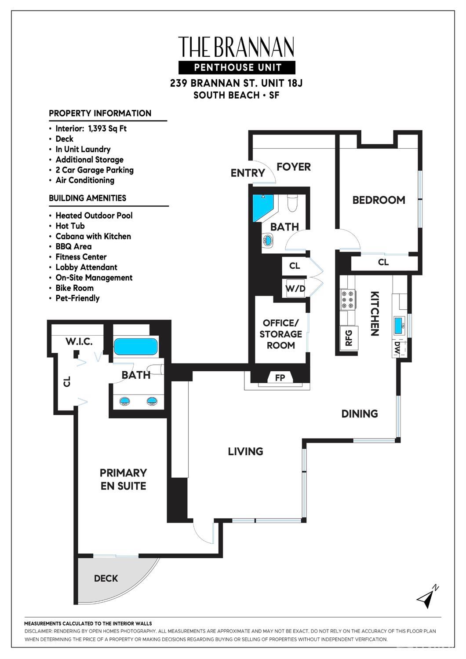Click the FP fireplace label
[280, 378]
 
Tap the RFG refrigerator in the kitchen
[349, 338]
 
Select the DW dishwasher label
[397, 348]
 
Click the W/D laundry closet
[295, 288]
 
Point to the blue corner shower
[263, 208]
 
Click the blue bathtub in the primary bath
[136, 346]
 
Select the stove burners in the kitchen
[348, 300]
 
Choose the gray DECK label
[106, 578]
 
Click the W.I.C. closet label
[79, 341]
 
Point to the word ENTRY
[248, 173]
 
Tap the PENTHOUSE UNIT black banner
[237, 67]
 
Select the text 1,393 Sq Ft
[107, 128]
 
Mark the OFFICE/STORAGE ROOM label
[281, 334]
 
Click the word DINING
[360, 414]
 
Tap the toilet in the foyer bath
[292, 203]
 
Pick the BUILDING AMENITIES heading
[87, 198]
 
